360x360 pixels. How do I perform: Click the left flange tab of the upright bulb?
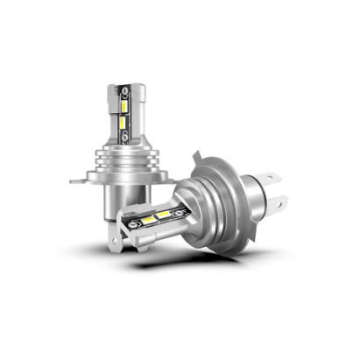(79, 181)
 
